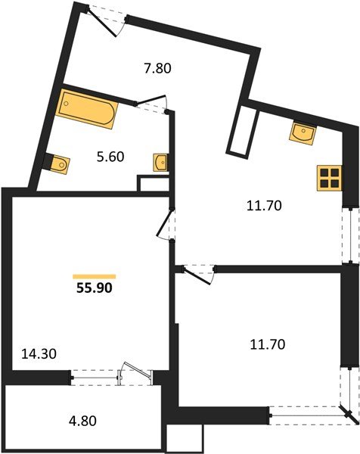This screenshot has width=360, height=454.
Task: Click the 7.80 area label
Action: pyautogui.click(x=159, y=68)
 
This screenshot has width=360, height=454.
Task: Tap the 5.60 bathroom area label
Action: pyautogui.click(x=111, y=157)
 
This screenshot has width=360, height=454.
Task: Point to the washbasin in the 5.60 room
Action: pyautogui.click(x=160, y=161)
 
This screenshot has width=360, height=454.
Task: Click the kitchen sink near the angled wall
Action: pyautogui.click(x=303, y=133)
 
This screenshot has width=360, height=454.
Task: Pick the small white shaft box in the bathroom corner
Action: pyautogui.click(x=148, y=184)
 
